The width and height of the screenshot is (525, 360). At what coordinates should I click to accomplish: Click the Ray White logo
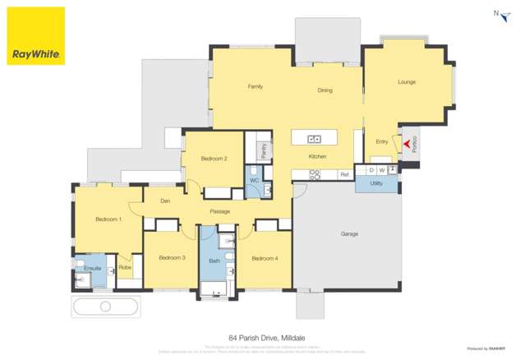(35, 36)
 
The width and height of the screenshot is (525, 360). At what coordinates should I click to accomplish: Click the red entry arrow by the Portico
(405, 146)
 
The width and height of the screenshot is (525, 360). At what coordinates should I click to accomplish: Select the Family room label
(255, 86)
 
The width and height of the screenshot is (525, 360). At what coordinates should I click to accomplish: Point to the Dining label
(325, 90)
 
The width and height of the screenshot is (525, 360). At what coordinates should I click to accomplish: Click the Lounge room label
(406, 82)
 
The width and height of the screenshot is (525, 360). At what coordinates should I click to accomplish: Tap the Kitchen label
(318, 156)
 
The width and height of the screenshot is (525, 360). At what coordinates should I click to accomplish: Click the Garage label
(349, 234)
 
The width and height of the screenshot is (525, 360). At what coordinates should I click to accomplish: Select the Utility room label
(376, 183)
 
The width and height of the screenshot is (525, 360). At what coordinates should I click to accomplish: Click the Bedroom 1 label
(108, 219)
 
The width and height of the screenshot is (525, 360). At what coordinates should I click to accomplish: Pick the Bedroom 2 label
(214, 159)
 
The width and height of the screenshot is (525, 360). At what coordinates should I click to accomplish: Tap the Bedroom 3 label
(172, 258)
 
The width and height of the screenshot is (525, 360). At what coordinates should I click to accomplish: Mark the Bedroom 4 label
(265, 259)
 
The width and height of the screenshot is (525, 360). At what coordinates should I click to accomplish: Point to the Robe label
(125, 268)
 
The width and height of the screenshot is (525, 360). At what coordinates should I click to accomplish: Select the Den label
(165, 201)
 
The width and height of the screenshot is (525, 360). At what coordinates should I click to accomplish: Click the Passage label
(219, 212)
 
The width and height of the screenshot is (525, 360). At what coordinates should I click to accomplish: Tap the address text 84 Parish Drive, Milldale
(261, 337)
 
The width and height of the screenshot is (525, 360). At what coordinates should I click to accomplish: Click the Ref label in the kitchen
(344, 174)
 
